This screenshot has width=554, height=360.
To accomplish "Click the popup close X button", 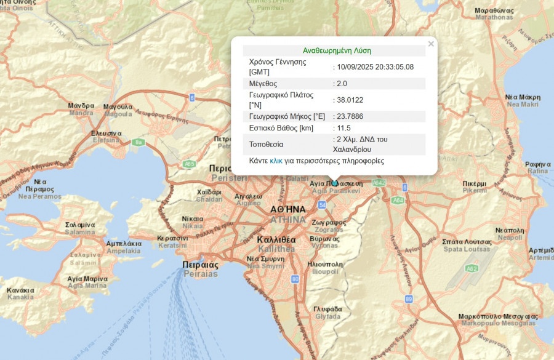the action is tap(431, 44).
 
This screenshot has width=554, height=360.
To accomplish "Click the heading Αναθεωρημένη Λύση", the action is tap(337, 50).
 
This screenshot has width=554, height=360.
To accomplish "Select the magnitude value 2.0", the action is tap(342, 84).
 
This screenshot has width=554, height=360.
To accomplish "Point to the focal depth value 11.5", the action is tap(343, 128).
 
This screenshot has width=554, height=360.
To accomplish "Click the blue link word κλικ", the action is tap(276, 161).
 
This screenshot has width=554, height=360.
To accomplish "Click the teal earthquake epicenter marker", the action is tap(335, 183).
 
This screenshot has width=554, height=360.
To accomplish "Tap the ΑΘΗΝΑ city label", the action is tap(287, 209).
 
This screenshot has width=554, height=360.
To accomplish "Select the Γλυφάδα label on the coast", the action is tap(327, 308).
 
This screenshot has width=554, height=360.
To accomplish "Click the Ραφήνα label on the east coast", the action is tap(537, 164).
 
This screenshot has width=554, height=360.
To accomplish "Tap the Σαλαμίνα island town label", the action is tap(79, 225).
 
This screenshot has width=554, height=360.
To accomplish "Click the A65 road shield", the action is tap(190, 164).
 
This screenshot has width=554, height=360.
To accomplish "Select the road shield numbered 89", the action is tap(409, 299).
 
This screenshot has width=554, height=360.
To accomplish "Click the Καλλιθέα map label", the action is tap(276, 239).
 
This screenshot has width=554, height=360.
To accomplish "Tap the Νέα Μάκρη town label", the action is tap(523, 97).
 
